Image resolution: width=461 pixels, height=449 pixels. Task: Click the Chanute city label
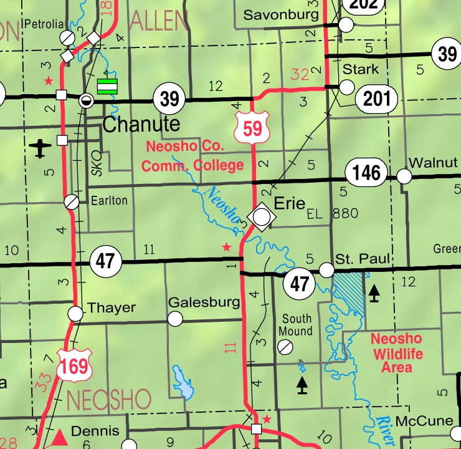pyautogui.click(x=141, y=124)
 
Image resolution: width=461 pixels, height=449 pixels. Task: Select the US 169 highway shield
pyautogui.click(x=74, y=365)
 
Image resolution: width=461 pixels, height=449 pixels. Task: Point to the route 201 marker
pyautogui.click(x=377, y=98)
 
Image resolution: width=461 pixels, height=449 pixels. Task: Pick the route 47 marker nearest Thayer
pyautogui.click(x=105, y=260)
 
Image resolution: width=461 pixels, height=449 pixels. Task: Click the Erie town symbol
pyautogui.click(x=263, y=216)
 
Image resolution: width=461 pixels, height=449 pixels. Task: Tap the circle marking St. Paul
pyautogui.click(x=326, y=269)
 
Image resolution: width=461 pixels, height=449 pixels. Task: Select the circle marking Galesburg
pyautogui.click(x=176, y=319)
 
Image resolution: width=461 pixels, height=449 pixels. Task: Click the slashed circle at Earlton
pyautogui.click(x=72, y=201)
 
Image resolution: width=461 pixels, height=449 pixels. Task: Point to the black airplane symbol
pyautogui.click(x=40, y=148)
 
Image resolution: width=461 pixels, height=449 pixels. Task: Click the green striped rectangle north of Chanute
pyautogui.click(x=107, y=86)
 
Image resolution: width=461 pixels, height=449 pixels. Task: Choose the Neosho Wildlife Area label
pyautogui.click(x=396, y=353)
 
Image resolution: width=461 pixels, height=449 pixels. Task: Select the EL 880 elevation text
pyautogui.click(x=333, y=213)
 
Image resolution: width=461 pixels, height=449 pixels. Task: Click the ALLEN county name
pyautogui.click(x=158, y=23)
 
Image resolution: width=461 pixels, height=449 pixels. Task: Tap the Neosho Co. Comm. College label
pyautogui.click(x=192, y=157)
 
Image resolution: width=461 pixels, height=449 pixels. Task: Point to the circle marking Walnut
pyautogui.click(x=404, y=176)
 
